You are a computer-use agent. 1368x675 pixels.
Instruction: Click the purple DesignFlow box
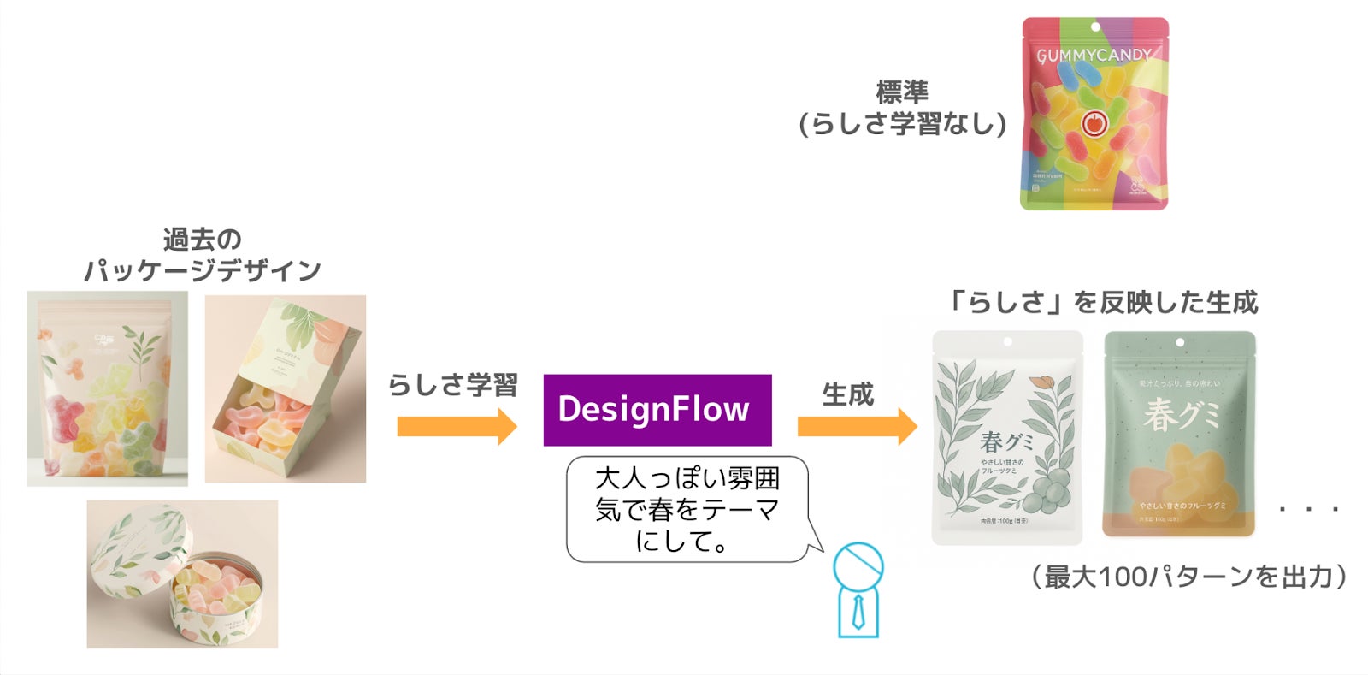(x=657, y=410)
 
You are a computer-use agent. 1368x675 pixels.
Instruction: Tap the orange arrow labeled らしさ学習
(x=457, y=426)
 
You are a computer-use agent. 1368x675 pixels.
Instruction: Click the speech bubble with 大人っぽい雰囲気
(x=687, y=510)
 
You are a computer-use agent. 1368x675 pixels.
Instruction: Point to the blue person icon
(x=858, y=590)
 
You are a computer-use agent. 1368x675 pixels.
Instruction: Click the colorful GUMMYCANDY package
(x=1094, y=114)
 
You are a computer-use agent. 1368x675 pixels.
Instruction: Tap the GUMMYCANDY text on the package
(x=1094, y=56)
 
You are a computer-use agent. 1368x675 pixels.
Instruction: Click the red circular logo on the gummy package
(x=1094, y=123)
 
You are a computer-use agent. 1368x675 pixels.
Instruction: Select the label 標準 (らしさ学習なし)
(x=902, y=108)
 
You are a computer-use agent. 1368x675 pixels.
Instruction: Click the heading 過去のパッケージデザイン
(x=203, y=255)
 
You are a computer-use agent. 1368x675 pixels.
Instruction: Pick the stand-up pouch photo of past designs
(x=107, y=388)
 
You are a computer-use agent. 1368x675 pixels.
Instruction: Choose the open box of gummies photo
(x=285, y=388)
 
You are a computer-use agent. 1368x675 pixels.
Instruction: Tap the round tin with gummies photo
(x=182, y=573)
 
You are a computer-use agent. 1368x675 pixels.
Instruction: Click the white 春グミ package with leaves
(x=1006, y=437)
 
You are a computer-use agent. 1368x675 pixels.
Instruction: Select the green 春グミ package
(x=1179, y=434)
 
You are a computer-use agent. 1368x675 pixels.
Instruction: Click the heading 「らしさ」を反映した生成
(x=1103, y=302)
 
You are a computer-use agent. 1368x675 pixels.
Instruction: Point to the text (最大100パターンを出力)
(x=1188, y=577)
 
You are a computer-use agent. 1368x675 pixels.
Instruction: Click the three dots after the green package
(x=1308, y=510)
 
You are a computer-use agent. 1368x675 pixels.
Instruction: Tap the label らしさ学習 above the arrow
(x=453, y=385)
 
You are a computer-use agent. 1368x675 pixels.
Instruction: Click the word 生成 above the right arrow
(x=847, y=394)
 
